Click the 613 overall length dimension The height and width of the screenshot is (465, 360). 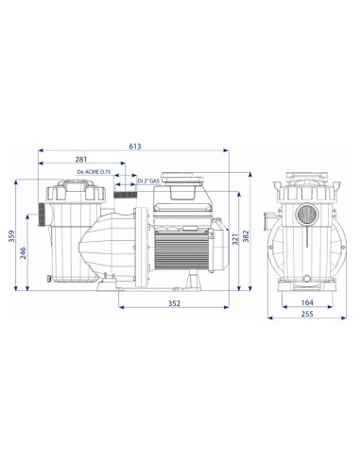tap(135, 146)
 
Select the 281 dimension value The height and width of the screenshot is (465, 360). tap(81, 160)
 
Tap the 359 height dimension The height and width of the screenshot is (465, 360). tap(12, 236)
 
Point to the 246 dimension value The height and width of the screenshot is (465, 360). tap(24, 253)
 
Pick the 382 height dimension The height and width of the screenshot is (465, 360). tap(247, 236)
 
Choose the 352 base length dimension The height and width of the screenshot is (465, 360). tap(174, 303)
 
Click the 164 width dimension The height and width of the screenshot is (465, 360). tap(307, 302)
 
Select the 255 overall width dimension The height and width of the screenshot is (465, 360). tap(307, 314)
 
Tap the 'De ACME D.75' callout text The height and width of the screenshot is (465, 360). tap(94, 172)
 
